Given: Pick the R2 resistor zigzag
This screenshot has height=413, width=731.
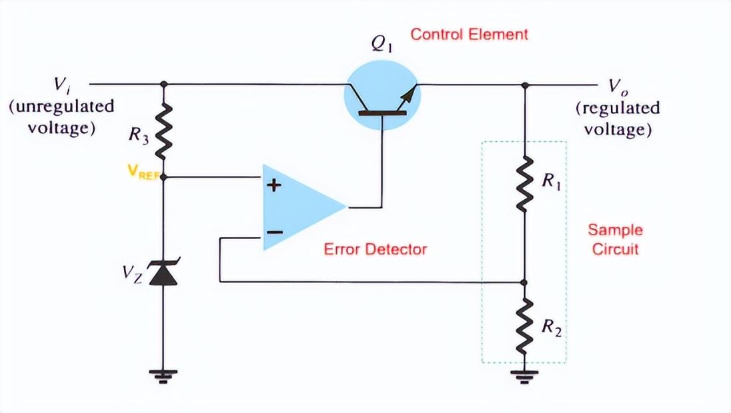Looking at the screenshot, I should (525, 326).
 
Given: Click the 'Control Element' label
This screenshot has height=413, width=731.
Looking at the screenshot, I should (469, 35).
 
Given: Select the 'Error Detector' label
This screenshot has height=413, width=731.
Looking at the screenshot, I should (375, 250).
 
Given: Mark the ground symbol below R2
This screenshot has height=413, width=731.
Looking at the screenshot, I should (525, 377).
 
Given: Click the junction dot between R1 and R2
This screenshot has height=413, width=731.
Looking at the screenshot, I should (525, 282).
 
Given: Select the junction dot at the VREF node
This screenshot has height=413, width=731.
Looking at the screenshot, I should (163, 178).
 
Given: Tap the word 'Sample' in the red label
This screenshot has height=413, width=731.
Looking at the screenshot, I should (614, 230).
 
